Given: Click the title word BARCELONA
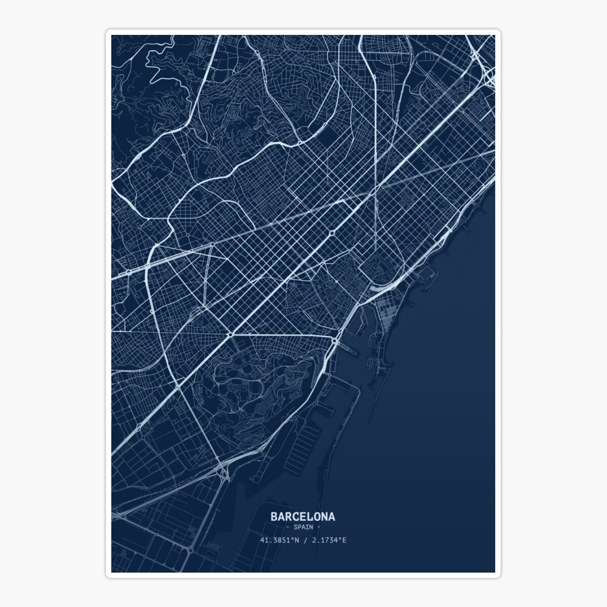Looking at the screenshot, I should click(x=302, y=517).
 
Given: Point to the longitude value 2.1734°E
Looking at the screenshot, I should click(x=329, y=540).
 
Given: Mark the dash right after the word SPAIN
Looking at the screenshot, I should click(x=318, y=527).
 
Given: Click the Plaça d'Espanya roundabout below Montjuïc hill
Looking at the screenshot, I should click(x=230, y=334).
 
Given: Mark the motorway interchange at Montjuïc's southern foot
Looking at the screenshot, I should click(x=223, y=473).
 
